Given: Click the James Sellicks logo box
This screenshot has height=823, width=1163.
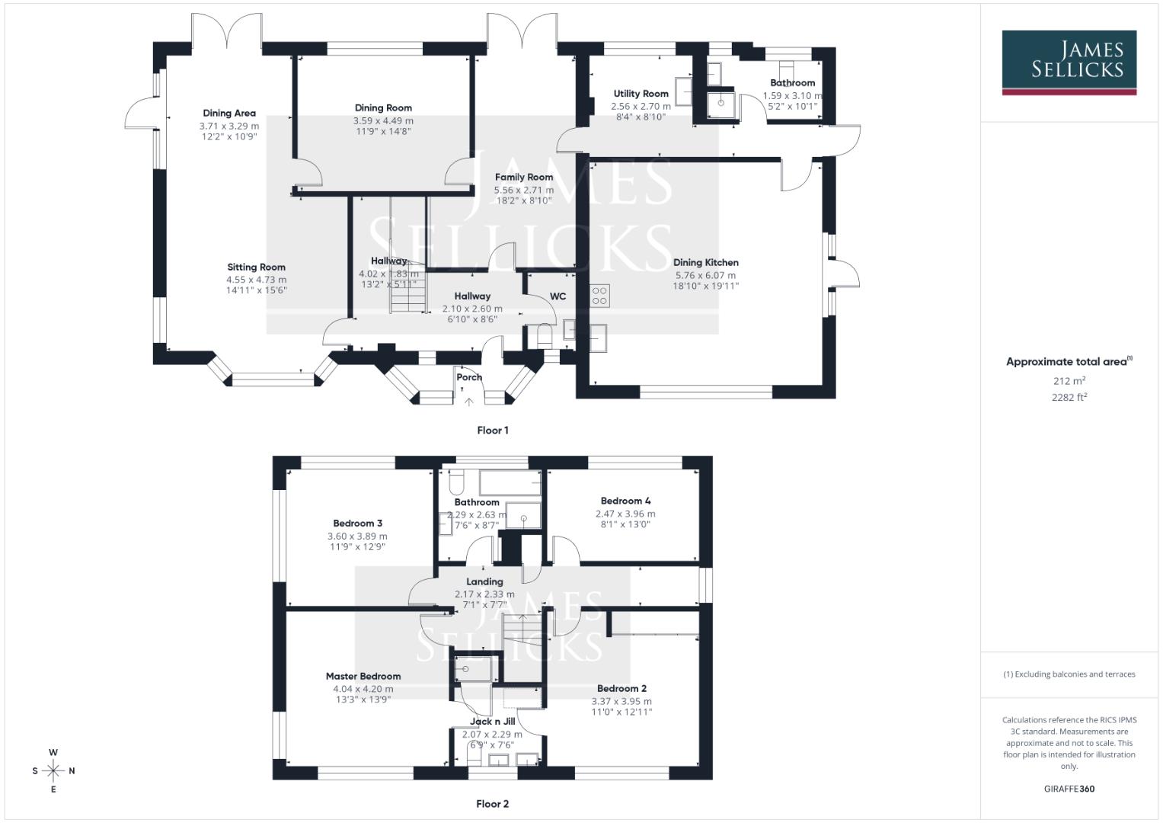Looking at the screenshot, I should pos(1069,62).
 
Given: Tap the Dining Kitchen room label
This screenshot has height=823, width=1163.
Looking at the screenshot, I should pos(705,263).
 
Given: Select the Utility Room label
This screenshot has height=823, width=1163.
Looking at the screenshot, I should pos(641,94).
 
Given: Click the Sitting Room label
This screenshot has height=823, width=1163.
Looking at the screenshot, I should pos(256,267).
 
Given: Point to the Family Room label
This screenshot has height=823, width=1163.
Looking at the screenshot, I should pos(524,178).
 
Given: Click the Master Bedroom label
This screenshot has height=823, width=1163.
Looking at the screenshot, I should pos(363,677).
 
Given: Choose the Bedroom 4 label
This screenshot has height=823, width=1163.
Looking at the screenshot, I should pos(625,501).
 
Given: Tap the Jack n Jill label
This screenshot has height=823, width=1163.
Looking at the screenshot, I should pos(492,722).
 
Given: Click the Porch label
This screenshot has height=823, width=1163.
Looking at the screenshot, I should pos(469,377).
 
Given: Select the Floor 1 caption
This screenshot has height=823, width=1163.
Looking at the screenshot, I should pos(493,431).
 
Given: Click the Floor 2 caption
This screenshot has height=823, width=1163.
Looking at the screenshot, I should pos(492,804).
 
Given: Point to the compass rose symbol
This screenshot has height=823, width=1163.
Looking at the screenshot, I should pos(53,771).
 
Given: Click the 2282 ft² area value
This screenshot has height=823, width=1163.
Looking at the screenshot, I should pos(1069,397).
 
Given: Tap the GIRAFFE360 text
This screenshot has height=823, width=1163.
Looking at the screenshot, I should pos(1069,789).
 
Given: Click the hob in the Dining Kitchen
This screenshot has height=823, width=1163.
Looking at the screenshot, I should pos(599,296).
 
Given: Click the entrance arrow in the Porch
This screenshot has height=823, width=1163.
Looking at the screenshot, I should pos(469,402).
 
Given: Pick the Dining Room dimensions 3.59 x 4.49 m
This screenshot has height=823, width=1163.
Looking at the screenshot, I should pos(383,120).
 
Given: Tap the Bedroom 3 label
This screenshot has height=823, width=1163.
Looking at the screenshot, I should pos(357,524).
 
